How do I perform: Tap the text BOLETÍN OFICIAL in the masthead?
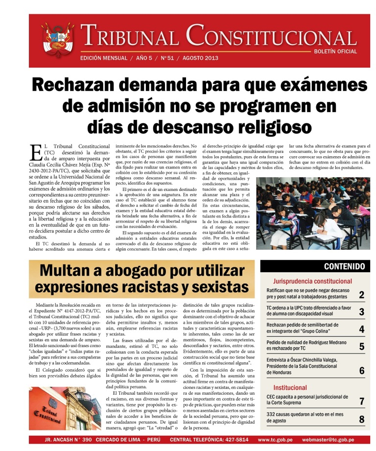click(335, 51)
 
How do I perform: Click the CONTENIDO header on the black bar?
click(344, 266)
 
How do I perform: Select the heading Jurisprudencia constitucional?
click(312, 281)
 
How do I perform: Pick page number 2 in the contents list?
click(361, 295)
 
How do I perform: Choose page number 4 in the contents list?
click(361, 329)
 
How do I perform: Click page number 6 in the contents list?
click(361, 370)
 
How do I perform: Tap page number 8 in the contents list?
click(361, 419)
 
